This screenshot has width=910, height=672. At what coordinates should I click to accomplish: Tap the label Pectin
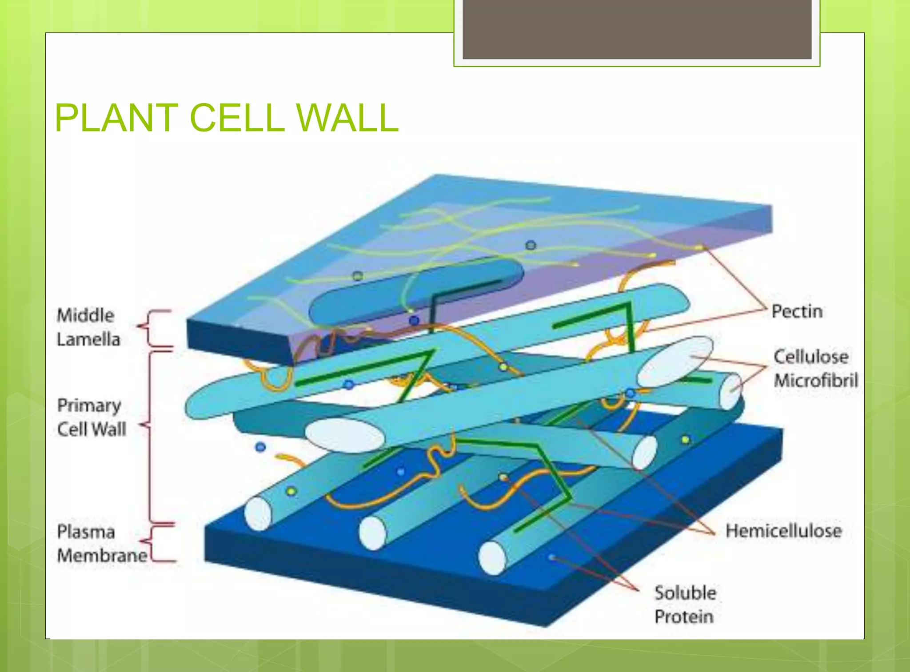797,311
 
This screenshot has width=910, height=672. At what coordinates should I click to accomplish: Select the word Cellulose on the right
811,357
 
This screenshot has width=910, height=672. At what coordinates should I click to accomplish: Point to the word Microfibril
816,381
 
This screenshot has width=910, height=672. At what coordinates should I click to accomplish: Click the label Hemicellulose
783,531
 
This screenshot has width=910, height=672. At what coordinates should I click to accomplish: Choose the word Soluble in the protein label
685,593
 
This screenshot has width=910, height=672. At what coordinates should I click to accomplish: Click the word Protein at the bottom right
684,617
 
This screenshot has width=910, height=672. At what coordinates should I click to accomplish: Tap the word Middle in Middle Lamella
85,315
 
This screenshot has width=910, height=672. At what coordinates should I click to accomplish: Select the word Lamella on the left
88,340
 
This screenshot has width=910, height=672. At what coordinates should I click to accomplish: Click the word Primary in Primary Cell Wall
89,405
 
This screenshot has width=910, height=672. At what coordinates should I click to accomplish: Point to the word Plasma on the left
86,532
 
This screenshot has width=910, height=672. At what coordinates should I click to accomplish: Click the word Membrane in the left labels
102,556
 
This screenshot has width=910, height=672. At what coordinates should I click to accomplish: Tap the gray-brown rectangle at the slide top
637,29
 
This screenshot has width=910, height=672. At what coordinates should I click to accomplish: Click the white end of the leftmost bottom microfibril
258,514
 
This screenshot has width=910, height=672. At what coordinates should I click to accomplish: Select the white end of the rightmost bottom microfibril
492,558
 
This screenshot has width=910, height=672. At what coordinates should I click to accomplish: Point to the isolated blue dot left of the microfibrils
261,447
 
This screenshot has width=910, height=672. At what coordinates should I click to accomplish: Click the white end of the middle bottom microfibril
372,533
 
